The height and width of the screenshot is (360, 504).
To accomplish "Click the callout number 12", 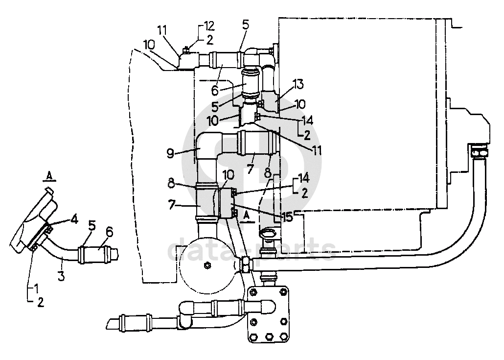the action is (x=209, y=25).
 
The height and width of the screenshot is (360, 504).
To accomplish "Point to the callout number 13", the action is (x=298, y=84).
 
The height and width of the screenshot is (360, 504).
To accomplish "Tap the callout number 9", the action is (x=171, y=153).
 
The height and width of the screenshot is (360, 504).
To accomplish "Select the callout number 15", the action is (x=288, y=217).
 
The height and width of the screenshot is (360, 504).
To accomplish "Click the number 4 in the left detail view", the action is (x=74, y=219).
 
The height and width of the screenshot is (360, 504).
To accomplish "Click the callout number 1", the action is (x=36, y=288).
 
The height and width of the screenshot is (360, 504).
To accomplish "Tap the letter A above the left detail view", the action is (x=49, y=176).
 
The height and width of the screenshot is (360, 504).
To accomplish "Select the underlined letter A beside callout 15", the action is (x=248, y=216).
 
